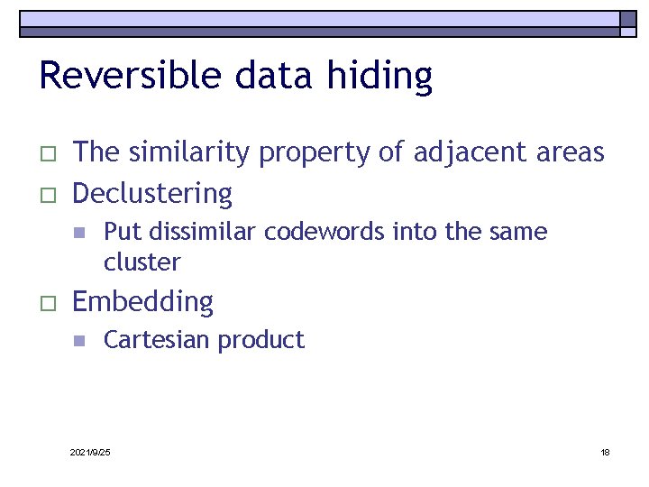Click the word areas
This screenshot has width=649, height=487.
click(568, 153)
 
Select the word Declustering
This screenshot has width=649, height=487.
click(152, 194)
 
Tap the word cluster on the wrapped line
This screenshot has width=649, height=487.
click(142, 262)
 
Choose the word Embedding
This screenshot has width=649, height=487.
click(142, 302)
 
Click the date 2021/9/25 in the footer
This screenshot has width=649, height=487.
click(90, 452)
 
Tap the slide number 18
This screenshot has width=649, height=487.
click(605, 452)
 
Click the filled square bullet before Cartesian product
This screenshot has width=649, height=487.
click(78, 341)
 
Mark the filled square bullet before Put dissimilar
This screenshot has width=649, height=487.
click(78, 233)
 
